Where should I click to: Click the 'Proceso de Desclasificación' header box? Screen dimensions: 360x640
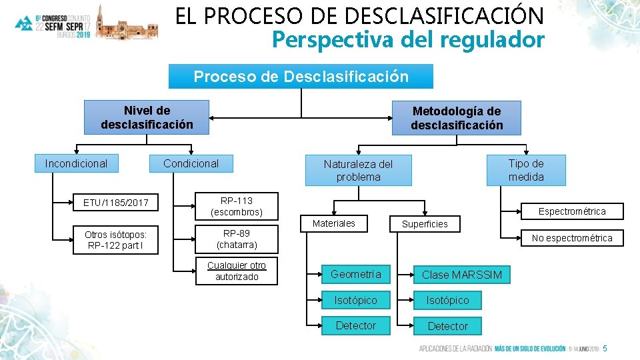click(x=301, y=76)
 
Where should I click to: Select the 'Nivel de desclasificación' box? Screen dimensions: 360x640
click(x=147, y=117)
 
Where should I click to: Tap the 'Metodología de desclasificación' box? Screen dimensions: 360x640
click(x=457, y=118)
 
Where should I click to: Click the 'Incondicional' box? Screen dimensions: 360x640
click(x=76, y=163)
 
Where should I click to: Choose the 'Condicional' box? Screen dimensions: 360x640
click(x=191, y=163)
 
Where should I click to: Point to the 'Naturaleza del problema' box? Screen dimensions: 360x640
click(x=358, y=170)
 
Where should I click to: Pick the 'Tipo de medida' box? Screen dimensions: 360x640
click(x=526, y=170)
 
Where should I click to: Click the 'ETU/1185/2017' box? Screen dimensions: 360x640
click(x=116, y=202)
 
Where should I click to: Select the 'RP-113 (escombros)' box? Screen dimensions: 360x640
click(x=237, y=206)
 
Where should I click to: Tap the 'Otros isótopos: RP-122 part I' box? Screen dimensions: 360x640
click(x=116, y=240)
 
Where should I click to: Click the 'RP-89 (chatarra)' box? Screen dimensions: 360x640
click(x=237, y=239)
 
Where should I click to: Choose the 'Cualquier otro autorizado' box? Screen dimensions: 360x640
click(x=237, y=271)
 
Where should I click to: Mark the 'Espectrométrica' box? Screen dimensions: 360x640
click(x=572, y=211)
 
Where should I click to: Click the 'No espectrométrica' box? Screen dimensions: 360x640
click(x=572, y=238)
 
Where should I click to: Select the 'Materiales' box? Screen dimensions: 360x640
click(x=334, y=223)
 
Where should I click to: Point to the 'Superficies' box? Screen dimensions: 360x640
click(x=425, y=224)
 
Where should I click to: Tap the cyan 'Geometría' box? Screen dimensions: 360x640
click(x=356, y=274)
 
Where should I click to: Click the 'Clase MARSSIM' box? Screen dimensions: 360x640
click(x=461, y=275)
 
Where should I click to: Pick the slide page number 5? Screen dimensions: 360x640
click(x=605, y=349)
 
